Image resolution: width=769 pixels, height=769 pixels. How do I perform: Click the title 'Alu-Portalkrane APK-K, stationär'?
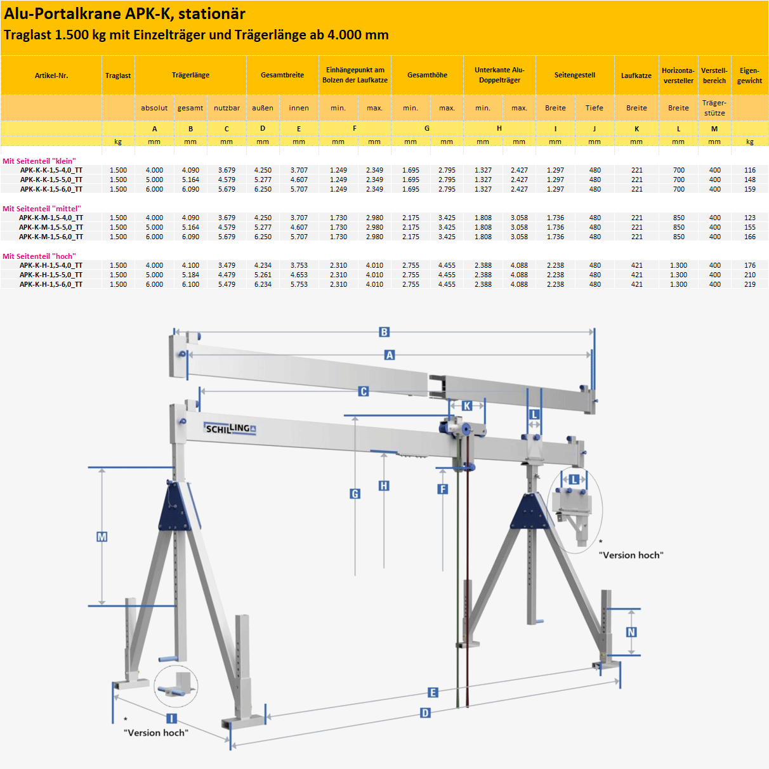[x=124, y=14]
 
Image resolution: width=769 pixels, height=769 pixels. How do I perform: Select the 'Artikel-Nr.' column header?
[x=51, y=76]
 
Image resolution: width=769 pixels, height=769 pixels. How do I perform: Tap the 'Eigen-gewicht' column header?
[x=749, y=76]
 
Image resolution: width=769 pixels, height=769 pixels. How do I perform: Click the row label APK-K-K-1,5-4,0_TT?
[x=51, y=170]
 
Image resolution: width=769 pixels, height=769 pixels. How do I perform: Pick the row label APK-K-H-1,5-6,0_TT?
[x=51, y=284]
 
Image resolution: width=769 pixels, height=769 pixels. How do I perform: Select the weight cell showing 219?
[x=749, y=284]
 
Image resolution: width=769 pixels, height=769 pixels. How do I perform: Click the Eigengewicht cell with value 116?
[x=749, y=170]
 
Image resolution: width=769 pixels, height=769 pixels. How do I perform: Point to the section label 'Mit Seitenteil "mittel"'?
[x=42, y=209]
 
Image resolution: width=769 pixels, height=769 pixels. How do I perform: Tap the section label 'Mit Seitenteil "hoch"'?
[x=39, y=256]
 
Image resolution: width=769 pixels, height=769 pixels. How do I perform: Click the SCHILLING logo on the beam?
[x=230, y=429]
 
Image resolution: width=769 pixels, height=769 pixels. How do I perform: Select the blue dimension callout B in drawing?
[x=384, y=332]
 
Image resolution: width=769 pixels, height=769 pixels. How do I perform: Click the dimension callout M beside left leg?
[x=102, y=537]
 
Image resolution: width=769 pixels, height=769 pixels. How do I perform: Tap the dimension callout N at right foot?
[x=631, y=632]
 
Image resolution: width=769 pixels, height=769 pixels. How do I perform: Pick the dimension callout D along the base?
[x=425, y=713]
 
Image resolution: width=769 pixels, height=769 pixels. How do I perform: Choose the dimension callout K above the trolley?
[x=467, y=406]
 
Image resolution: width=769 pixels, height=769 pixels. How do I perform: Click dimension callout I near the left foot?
[x=171, y=718]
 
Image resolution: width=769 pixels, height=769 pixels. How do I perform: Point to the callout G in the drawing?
[x=355, y=494]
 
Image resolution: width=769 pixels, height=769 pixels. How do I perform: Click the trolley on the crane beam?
[x=458, y=428]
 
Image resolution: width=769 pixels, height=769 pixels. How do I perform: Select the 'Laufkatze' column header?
[x=636, y=76]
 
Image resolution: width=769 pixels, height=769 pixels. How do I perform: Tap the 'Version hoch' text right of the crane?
[x=631, y=555]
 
